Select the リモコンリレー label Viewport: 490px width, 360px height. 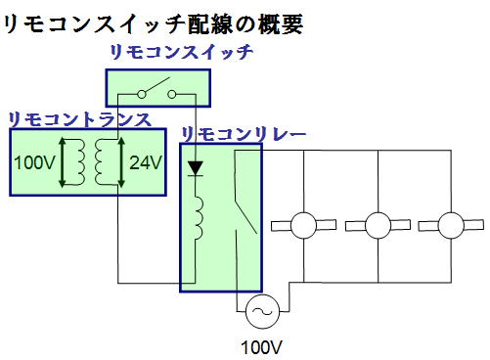(245, 132)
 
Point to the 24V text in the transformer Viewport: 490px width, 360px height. (145, 161)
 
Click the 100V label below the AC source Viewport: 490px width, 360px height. (261, 345)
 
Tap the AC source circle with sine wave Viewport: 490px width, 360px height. (261, 312)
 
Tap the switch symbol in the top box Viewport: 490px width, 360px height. (156, 93)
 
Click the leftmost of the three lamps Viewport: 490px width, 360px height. (303, 225)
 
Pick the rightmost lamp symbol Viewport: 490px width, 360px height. (451, 225)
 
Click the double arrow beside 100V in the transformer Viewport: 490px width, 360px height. (62, 161)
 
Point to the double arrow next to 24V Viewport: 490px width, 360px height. (122, 161)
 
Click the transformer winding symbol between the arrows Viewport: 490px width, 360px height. (92, 161)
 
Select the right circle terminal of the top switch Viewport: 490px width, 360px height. (172, 95)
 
